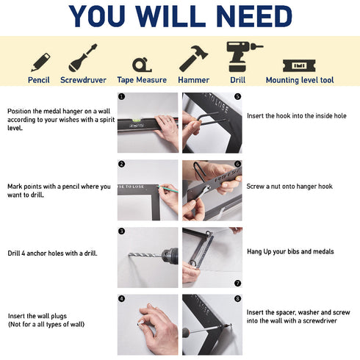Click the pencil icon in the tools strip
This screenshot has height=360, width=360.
pos(40,62)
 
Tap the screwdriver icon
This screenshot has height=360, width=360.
pos(83,58)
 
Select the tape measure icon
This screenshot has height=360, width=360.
pos(142,65)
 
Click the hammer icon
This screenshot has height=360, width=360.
pos(193,59)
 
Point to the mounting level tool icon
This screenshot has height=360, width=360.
pos(299,65)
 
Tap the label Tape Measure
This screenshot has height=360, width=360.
pos(142,80)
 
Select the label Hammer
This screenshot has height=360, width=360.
pos(193,80)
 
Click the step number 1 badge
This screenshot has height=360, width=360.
pos(122,96)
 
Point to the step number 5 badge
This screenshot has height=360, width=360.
pos(237,96)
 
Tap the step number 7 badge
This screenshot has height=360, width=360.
pos(237,283)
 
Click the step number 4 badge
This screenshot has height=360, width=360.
pos(122,298)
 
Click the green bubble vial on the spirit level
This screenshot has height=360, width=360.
pos(136,120)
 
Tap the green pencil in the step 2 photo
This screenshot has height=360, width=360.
pos(168,190)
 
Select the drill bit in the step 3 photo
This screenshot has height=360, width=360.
pos(145,255)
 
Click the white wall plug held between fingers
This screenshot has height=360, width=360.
pos(140,323)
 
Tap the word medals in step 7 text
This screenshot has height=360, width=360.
pos(324,251)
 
